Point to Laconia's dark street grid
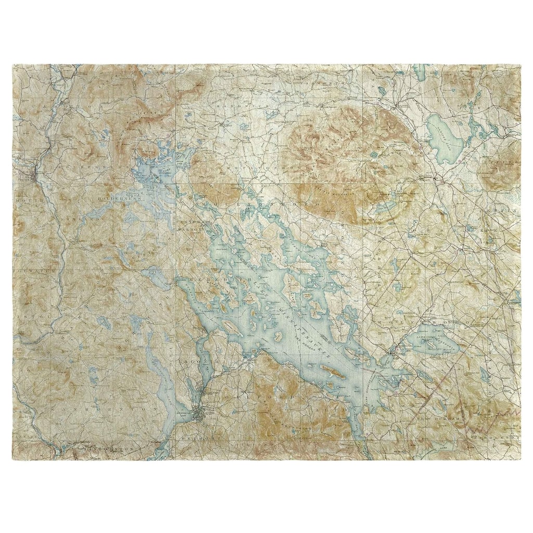pos(198,414)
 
